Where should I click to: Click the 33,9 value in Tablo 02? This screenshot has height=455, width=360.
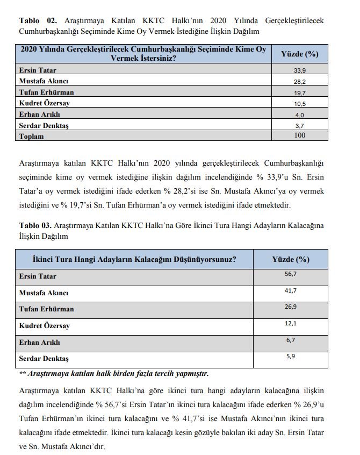pos(300,70)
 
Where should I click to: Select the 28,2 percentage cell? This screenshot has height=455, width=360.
pos(300,81)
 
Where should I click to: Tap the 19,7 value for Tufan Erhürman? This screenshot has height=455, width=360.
pos(300,93)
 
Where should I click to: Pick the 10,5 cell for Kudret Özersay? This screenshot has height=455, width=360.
pos(300,104)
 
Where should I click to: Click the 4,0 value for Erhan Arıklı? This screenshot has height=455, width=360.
pos(300,115)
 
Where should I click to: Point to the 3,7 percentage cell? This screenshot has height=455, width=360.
pos(300,125)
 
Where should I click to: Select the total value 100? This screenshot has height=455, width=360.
pos(300,136)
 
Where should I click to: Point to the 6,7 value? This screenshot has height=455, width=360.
pos(291,340)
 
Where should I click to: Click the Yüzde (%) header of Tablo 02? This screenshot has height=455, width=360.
pos(300,54)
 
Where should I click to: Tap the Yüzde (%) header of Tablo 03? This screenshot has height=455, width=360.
pos(291,259)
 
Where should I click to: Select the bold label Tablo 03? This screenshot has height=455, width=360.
pos(35,225)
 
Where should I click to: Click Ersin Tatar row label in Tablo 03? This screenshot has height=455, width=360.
pos(38,276)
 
